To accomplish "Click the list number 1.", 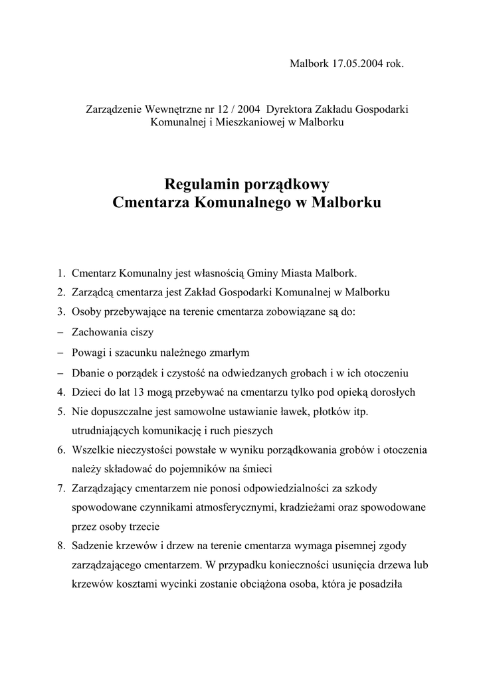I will [x=60, y=272].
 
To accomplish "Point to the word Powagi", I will [x=89, y=352].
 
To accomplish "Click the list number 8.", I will [x=60, y=546].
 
